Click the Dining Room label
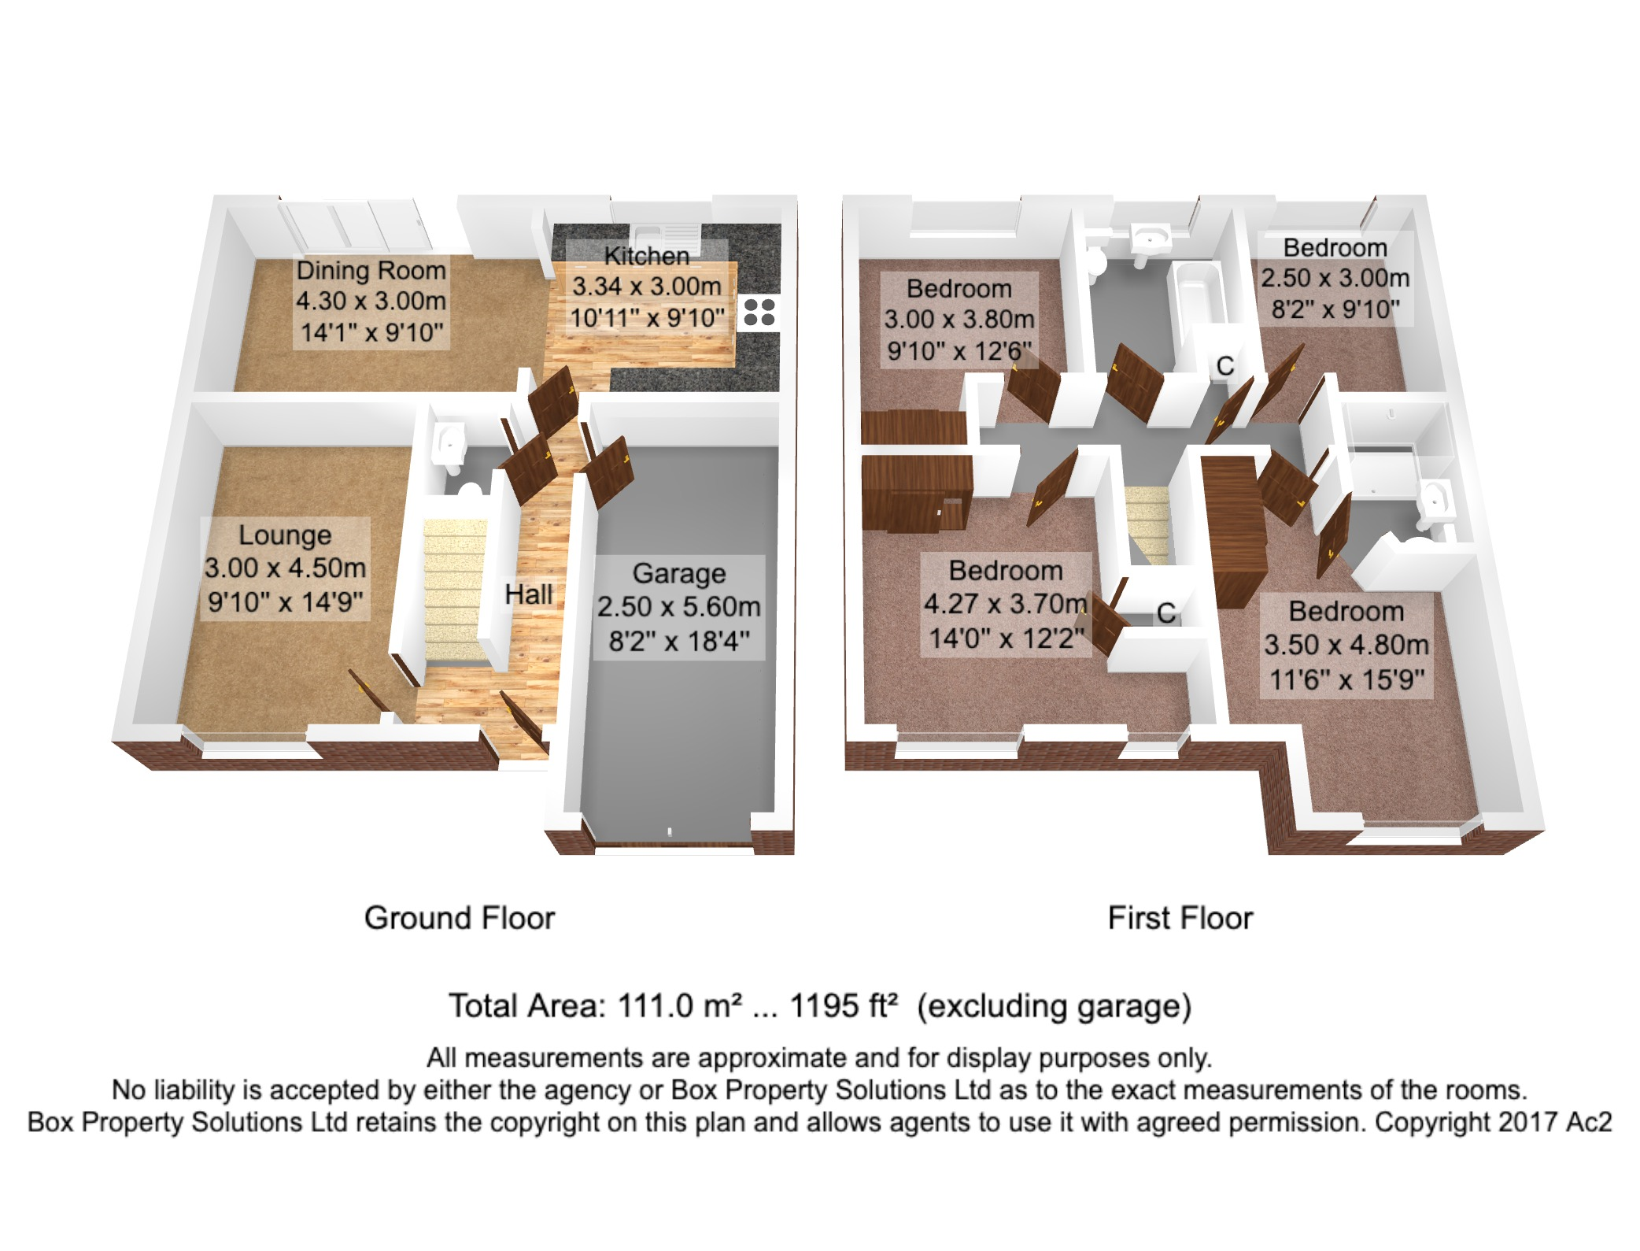[x=371, y=270]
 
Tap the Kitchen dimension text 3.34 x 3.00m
[x=646, y=287]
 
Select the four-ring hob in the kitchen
[x=759, y=312]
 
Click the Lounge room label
[x=285, y=535]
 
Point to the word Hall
[x=528, y=594]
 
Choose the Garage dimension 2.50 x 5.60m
[x=678, y=607]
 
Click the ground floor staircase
[x=454, y=590]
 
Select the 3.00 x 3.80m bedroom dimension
[x=959, y=320]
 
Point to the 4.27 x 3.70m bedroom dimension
[x=1005, y=604]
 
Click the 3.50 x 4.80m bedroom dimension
[x=1346, y=645]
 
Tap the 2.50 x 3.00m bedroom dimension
[x=1335, y=278]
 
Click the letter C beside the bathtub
[x=1224, y=366]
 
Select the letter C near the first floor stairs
[x=1166, y=613]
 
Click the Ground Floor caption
[x=460, y=918]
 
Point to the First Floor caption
[x=1180, y=918]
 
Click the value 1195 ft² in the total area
[x=844, y=1006]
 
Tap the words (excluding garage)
[x=1055, y=1007]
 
